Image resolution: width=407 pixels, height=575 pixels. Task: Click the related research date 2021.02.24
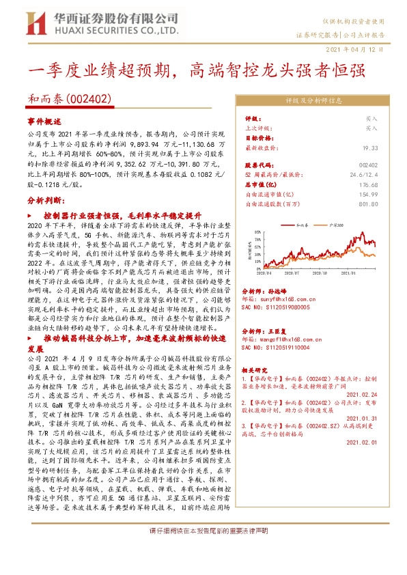pos(363,393)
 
